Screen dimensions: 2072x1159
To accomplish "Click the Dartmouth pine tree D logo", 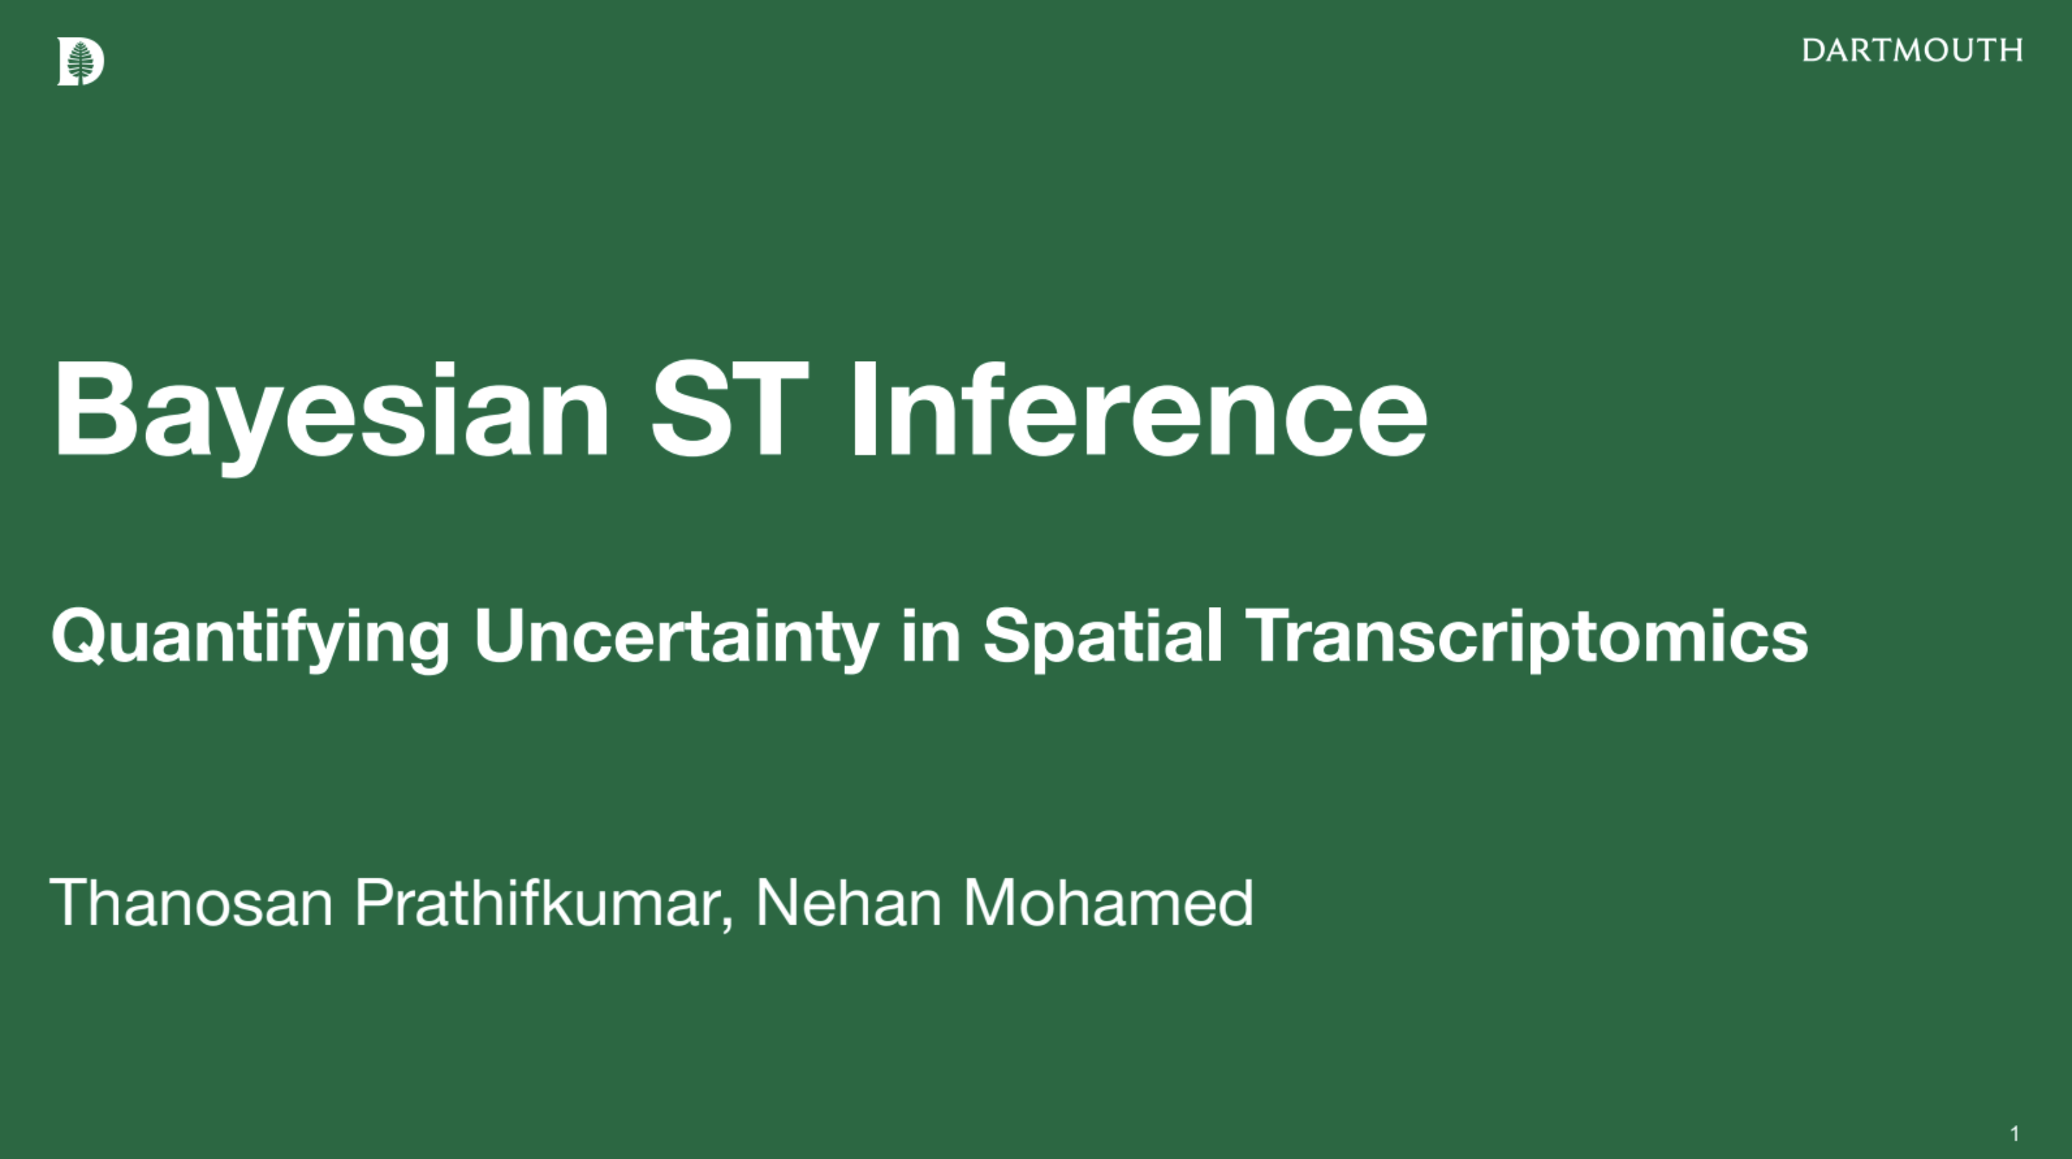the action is (x=80, y=61).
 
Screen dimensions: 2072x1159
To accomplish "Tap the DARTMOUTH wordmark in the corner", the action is (x=1912, y=51).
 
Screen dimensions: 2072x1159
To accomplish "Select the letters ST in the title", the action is (x=729, y=410).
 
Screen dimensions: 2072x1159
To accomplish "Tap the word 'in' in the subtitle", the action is (x=931, y=636).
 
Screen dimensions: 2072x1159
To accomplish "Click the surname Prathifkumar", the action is (x=538, y=903).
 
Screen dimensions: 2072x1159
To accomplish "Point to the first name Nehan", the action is (x=849, y=903).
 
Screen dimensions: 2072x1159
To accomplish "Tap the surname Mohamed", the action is (x=1108, y=903).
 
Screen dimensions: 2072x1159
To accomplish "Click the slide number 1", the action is (x=2015, y=1134).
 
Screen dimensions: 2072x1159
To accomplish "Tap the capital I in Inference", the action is (x=863, y=410).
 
